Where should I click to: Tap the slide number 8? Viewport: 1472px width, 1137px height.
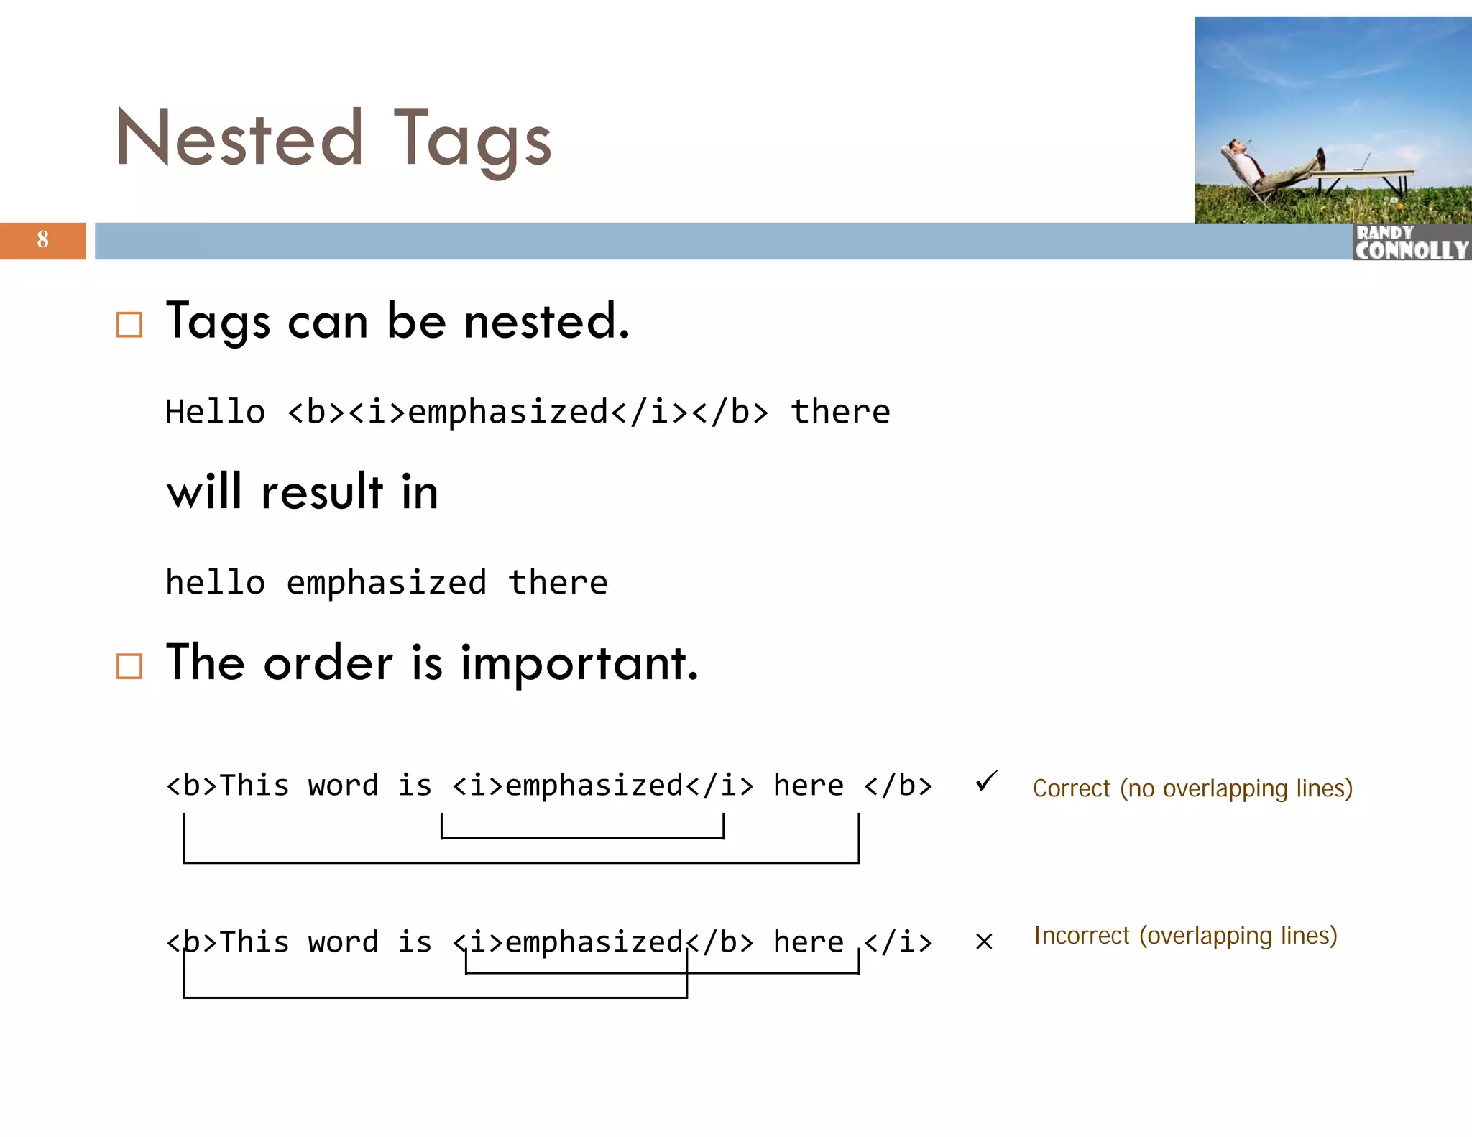[x=43, y=240]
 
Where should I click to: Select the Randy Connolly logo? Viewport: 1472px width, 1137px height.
[x=1412, y=242]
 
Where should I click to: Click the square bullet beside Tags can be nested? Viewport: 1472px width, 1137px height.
[x=129, y=325]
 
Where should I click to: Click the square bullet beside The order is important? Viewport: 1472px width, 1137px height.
[x=129, y=666]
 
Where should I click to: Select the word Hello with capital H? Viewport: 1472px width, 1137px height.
[x=215, y=413]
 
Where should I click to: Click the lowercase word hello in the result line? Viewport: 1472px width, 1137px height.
[x=215, y=583]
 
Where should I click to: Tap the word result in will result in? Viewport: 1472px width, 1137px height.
[x=322, y=493]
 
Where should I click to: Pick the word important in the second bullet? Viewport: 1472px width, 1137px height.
[x=579, y=663]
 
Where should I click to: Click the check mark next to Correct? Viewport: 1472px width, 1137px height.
[x=987, y=781]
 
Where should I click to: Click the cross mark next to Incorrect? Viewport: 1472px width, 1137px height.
[x=984, y=942]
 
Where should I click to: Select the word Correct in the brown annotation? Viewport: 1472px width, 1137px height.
[x=1071, y=788]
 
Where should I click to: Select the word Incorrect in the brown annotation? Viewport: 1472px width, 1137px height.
[x=1081, y=936]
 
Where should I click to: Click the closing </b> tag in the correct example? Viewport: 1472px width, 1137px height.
[x=898, y=786]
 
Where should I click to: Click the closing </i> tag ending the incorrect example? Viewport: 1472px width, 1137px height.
[x=898, y=942]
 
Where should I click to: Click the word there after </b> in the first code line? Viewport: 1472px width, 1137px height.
[x=840, y=413]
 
